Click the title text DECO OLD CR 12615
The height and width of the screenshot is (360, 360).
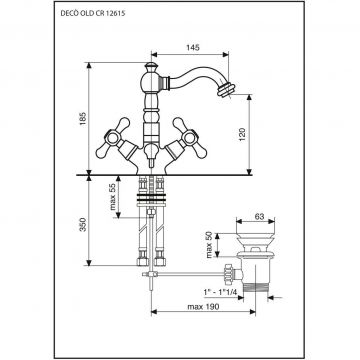(93, 14)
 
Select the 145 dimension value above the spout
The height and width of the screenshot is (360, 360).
(193, 48)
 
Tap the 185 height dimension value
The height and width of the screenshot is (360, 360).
(83, 119)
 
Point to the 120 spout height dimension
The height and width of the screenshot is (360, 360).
(242, 134)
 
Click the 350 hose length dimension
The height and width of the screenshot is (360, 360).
(83, 224)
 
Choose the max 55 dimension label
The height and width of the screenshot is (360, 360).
(113, 197)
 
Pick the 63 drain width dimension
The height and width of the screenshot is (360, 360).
(259, 217)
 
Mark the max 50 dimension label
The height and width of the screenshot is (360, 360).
(209, 245)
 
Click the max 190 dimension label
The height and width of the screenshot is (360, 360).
(203, 307)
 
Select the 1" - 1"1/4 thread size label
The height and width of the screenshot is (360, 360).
(220, 292)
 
